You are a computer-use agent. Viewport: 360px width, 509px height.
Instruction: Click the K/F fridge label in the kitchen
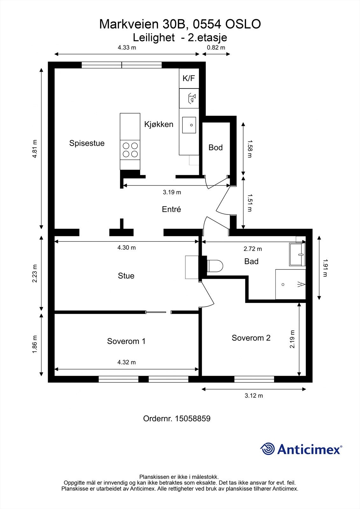click(189, 78)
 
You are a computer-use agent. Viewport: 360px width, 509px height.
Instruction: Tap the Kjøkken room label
click(159, 124)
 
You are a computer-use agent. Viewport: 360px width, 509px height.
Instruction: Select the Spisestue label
click(87, 143)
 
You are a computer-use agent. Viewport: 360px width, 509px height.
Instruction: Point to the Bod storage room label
click(215, 148)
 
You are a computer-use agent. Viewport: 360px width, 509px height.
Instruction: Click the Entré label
click(171, 209)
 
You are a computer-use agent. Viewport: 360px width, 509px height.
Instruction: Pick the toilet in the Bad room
click(215, 266)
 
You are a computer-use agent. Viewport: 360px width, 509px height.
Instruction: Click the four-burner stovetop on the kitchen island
click(130, 150)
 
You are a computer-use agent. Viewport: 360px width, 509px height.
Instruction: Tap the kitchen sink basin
click(189, 125)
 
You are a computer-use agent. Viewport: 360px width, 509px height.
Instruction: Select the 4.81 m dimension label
click(35, 149)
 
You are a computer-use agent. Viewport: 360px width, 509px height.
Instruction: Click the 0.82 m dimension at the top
click(216, 47)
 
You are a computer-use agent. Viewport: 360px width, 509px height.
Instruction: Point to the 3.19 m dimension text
click(172, 192)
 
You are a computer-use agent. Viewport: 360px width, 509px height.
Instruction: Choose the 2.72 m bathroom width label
click(253, 249)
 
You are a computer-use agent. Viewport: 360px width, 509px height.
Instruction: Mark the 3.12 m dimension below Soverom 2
click(254, 396)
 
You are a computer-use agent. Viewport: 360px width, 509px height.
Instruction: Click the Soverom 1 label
click(126, 341)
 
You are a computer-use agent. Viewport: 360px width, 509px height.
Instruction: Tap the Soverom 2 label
click(251, 338)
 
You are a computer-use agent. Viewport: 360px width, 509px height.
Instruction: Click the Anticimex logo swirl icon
click(267, 449)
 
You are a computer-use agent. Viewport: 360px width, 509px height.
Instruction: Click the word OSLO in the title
click(243, 24)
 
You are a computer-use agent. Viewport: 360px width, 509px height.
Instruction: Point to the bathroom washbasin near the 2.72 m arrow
click(297, 254)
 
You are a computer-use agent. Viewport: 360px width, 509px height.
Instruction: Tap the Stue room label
click(126, 275)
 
